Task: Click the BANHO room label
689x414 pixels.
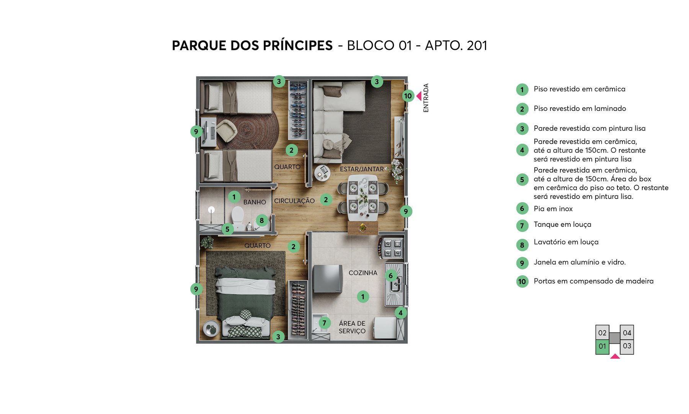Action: pos(255,202)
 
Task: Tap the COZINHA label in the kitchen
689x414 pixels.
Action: pos(363,273)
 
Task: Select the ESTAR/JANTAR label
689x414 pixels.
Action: pos(362,169)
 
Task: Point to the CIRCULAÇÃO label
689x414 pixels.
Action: pos(294,201)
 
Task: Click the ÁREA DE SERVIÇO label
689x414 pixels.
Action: pos(352,327)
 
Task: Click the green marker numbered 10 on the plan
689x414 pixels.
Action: pos(408,96)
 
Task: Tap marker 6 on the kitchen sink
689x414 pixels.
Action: pos(391,275)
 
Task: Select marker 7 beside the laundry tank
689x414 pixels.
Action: pos(324,323)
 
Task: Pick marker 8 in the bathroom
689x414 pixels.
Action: pos(262,220)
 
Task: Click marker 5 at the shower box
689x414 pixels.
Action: pos(227,229)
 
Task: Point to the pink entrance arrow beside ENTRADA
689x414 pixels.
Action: pos(419,96)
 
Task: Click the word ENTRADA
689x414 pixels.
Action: pos(426,98)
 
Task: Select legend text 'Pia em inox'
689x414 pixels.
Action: pos(553,209)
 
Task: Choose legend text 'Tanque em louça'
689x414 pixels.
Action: pos(562,225)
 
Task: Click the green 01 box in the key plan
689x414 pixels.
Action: pos(602,347)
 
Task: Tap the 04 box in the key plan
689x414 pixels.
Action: pos(627,333)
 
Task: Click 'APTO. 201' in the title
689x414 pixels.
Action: pos(456,46)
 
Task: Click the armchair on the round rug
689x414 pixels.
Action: pos(227,130)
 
